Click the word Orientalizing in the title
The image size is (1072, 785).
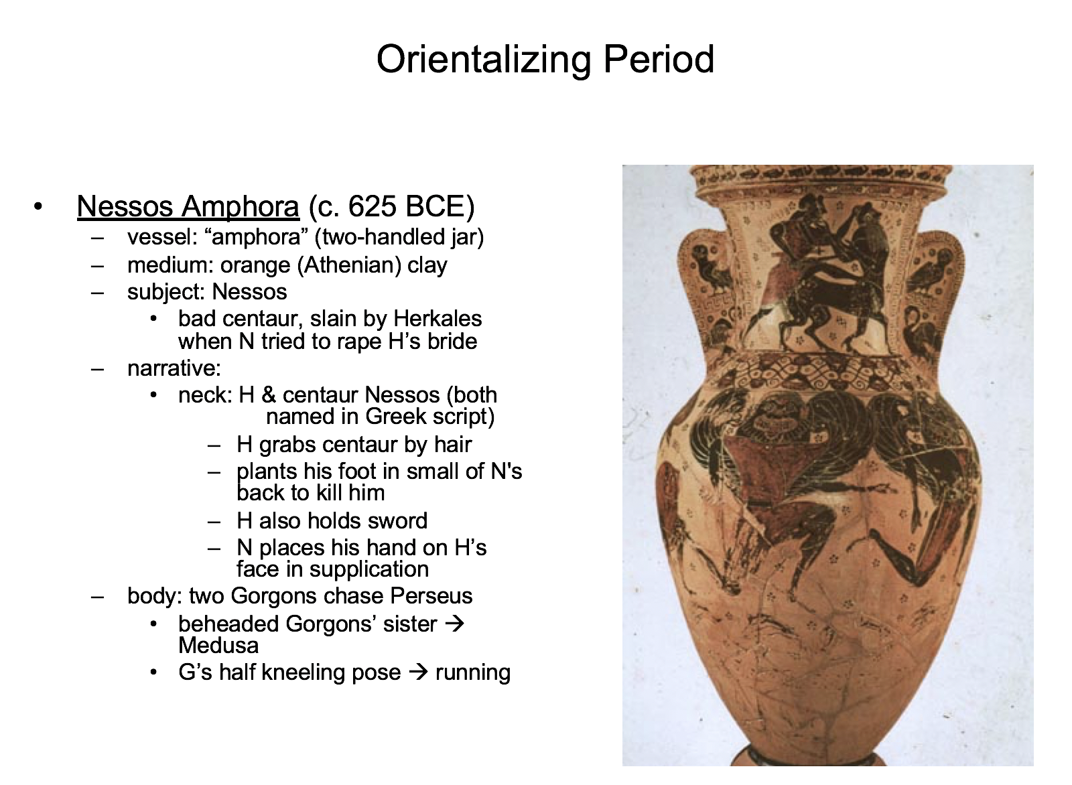[484, 60]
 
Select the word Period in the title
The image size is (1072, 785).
[659, 59]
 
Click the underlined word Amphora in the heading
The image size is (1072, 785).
[241, 208]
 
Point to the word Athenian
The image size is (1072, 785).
[349, 265]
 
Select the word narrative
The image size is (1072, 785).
[171, 368]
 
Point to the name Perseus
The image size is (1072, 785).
[431, 596]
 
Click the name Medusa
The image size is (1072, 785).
[218, 646]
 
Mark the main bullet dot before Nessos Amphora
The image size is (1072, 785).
[38, 207]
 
